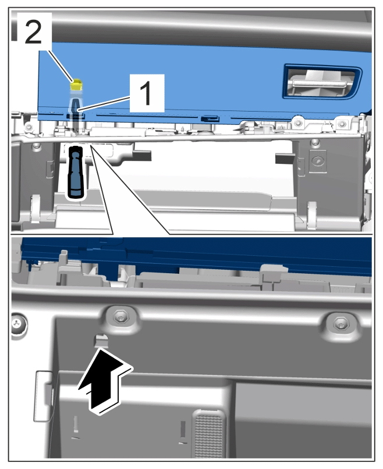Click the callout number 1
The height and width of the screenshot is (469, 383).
point(146,93)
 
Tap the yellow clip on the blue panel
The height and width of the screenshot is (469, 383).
point(76,85)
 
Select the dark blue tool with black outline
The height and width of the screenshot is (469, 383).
point(76,172)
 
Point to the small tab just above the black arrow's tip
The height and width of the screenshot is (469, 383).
point(101,341)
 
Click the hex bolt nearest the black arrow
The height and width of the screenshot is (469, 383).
point(120,317)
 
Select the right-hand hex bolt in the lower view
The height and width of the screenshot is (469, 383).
point(340,323)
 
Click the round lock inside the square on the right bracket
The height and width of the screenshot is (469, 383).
point(317,161)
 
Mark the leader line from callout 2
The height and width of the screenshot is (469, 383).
point(60,65)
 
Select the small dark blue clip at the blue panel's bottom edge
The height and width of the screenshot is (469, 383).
point(210,119)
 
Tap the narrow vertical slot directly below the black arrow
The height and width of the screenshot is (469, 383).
point(76,425)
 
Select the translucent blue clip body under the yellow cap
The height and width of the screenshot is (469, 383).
point(76,105)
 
